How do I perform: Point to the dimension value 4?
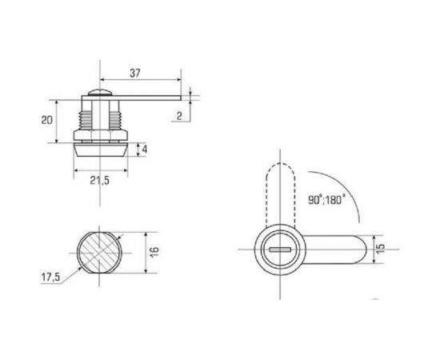(x=144, y=150)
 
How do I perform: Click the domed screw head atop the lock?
(x=98, y=93)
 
